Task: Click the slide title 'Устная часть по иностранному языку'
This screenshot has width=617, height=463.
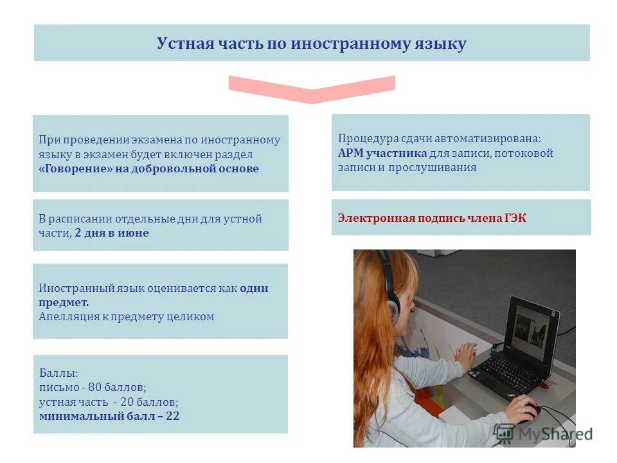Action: [312, 44]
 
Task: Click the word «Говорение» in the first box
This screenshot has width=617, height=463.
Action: [75, 169]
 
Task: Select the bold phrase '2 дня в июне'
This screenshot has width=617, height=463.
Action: [112, 233]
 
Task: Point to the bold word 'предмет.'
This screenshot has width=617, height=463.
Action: [64, 302]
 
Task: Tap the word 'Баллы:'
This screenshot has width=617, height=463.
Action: [58, 373]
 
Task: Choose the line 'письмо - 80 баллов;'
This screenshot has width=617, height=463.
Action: [93, 387]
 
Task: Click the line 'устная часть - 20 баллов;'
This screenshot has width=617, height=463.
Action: [109, 402]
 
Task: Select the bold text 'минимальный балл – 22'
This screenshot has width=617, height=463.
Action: [109, 416]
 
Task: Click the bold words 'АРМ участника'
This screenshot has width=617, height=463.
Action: [382, 153]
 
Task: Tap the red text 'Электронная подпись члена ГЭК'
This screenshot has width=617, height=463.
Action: [432, 218]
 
